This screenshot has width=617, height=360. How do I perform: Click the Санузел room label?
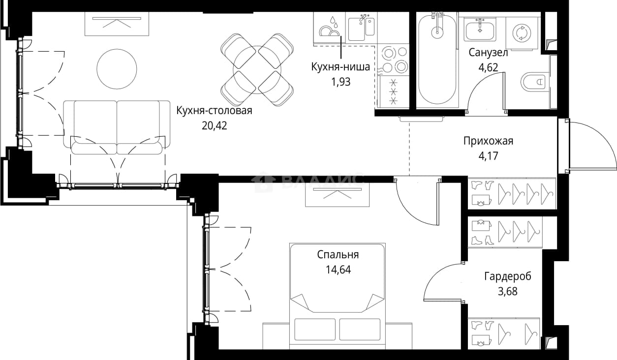pos(488,52)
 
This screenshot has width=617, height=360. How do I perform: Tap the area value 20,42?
pos(215,126)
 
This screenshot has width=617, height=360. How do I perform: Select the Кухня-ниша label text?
pos(340,67)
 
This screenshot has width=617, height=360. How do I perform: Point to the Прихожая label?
pos(489,141)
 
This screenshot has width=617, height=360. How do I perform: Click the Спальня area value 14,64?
pos(338,270)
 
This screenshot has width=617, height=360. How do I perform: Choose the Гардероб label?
pos(508,276)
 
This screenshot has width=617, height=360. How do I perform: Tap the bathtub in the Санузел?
pos(437,59)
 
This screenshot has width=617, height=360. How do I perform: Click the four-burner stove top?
pos(393,60)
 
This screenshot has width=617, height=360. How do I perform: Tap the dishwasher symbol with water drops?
pos(330,28)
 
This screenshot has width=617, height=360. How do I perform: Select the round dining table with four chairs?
pos(257,70)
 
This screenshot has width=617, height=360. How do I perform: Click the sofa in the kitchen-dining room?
pos(117,128)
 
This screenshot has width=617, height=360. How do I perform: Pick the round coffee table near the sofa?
pos(117,69)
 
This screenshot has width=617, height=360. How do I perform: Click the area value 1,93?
pos(341,82)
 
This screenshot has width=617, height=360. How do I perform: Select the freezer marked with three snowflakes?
pos(393,91)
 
